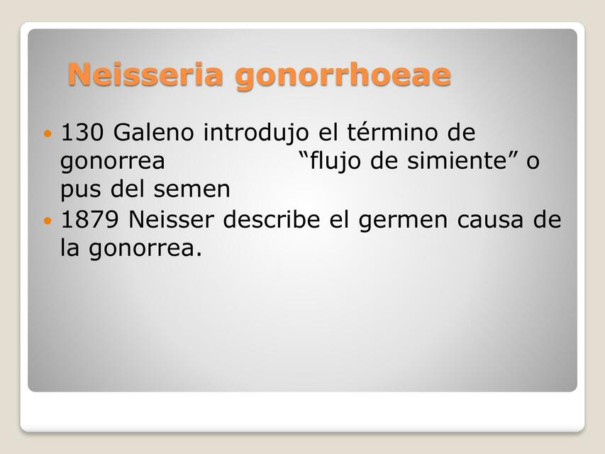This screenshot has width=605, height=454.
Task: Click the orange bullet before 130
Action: click(x=48, y=133)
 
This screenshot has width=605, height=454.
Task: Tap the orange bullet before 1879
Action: click(x=48, y=221)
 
